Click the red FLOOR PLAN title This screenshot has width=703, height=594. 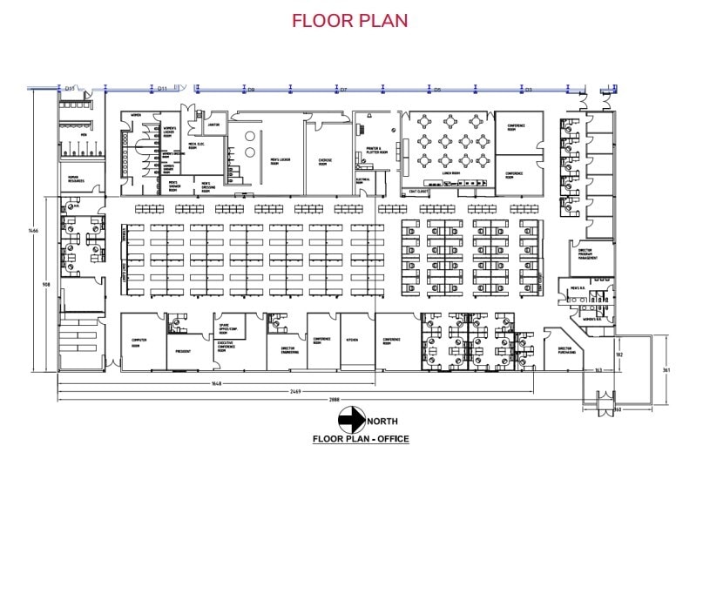pos(349,20)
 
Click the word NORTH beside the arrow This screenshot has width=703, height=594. pos(382,422)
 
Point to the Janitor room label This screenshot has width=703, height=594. pos(213,125)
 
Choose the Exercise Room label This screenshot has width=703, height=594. pos(322,162)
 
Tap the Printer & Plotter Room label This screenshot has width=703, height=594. pos(375,150)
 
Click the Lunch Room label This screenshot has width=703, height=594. pos(450,172)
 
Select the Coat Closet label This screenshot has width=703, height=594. pos(418,192)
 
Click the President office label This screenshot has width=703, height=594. pos(183,351)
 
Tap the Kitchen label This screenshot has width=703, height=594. pos(353,340)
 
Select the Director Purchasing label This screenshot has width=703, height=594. pos(564,351)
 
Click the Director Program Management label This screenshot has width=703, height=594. pos(587,253)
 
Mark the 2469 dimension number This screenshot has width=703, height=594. pos(296,391)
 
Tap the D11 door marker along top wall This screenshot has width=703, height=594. pos(162,88)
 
